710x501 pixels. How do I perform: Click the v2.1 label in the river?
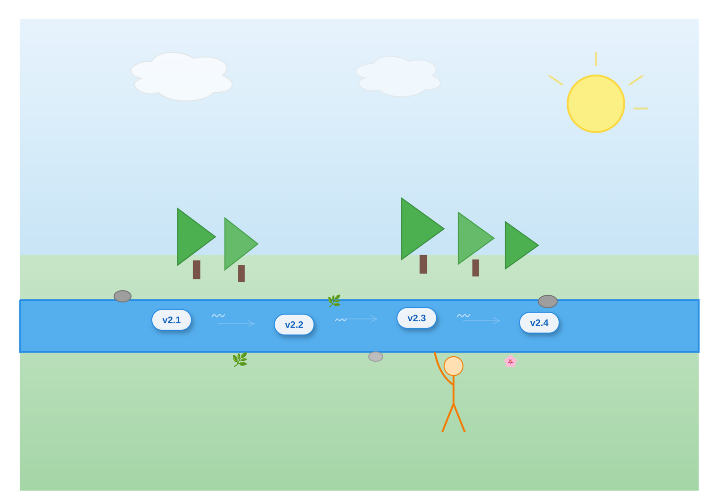click(172, 320)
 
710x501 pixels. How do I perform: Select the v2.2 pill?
click(294, 325)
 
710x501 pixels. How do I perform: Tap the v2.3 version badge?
click(417, 318)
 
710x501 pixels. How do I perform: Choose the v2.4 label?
click(539, 323)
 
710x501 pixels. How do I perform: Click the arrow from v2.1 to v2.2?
click(237, 324)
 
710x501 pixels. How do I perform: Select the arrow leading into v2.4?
click(482, 321)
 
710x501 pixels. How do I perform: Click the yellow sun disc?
click(596, 104)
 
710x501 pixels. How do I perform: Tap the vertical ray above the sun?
click(596, 59)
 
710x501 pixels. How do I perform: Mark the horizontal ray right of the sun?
click(641, 109)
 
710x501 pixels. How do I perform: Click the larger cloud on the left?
click(182, 77)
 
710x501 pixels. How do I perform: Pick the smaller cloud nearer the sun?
click(398, 76)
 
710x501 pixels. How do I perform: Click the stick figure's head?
click(454, 366)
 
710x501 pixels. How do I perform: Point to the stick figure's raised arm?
click(441, 370)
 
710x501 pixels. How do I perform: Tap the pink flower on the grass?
click(510, 361)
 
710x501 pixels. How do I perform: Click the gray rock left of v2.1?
click(123, 296)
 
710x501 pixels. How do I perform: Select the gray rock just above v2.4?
click(548, 301)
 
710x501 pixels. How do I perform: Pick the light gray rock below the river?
click(376, 357)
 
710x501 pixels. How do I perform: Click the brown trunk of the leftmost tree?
click(197, 270)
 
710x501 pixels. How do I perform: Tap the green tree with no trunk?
click(522, 245)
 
